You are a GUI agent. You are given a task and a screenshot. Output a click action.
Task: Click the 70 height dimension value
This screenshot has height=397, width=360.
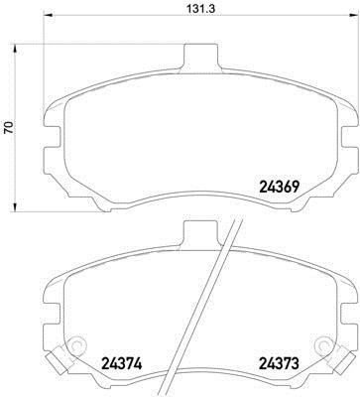(x=9, y=127)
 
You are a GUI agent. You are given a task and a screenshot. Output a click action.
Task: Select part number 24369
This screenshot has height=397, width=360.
(x=280, y=188)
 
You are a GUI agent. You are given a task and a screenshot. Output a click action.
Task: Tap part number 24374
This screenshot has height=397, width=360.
(x=122, y=364)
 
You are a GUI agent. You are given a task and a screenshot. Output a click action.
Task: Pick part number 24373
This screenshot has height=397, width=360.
(x=279, y=364)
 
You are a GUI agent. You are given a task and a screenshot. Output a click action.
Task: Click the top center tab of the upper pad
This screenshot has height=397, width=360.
(x=201, y=58)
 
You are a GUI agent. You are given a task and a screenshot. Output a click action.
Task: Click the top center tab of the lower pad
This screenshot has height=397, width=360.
(x=200, y=235)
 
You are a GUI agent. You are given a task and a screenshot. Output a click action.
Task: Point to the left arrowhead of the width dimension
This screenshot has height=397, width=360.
(x=49, y=14)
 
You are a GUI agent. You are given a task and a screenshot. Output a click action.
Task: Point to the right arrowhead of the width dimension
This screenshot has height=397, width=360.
(x=354, y=14)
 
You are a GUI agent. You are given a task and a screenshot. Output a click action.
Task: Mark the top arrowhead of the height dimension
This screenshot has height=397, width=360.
(x=14, y=50)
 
